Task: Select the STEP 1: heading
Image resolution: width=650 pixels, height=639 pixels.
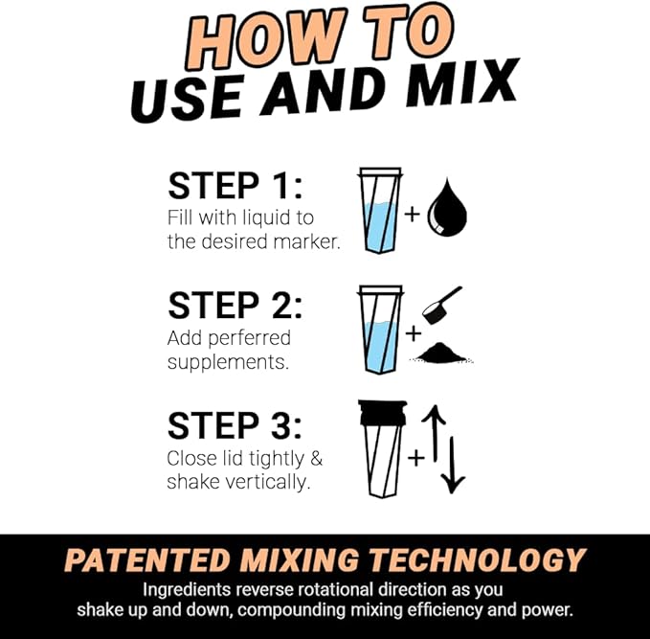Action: (x=235, y=185)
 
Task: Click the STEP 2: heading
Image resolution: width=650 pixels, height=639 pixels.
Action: (x=235, y=306)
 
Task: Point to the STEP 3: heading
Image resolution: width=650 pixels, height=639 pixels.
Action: (x=235, y=425)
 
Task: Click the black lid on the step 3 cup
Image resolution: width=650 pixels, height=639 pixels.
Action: (x=382, y=412)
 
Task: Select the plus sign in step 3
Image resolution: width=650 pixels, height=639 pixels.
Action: (x=415, y=458)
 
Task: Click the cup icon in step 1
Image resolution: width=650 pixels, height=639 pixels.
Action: (x=379, y=210)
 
